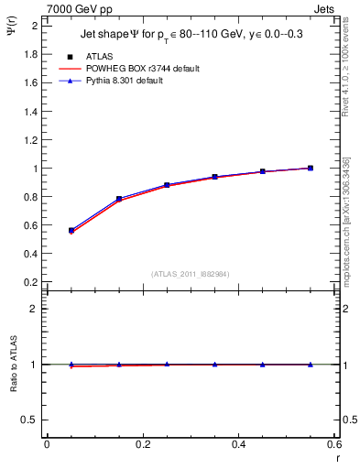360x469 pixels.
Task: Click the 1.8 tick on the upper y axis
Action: click(x=31, y=54)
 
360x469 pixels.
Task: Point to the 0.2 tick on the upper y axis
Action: click(x=31, y=282)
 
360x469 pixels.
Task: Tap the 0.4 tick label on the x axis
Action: click(x=238, y=444)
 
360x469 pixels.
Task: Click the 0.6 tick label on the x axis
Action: click(x=333, y=444)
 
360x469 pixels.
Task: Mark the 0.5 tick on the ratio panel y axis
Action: click(x=31, y=420)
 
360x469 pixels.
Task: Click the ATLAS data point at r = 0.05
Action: click(x=71, y=231)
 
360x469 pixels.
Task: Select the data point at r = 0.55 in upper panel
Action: click(x=311, y=168)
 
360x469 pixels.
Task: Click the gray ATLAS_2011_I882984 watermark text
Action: click(x=190, y=273)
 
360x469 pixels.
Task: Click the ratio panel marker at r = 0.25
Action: click(x=167, y=364)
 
